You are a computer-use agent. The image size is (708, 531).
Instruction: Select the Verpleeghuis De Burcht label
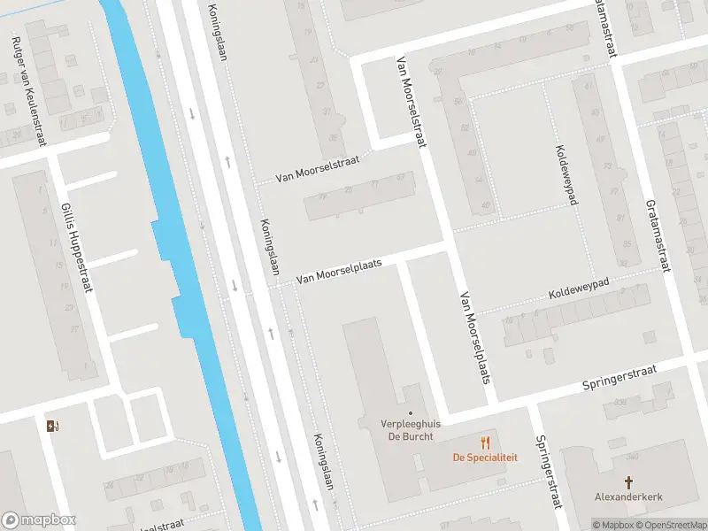coord(386,429)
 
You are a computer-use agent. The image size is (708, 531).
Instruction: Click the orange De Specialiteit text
coord(485,458)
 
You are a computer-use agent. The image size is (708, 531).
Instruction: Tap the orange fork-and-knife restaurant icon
coord(485,442)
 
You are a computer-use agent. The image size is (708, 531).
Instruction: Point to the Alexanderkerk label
coord(629,497)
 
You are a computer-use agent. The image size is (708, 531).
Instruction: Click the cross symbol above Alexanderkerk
coord(629,482)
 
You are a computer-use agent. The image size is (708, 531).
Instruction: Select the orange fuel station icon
coord(52,426)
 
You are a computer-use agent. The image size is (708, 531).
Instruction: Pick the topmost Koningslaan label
coord(218,31)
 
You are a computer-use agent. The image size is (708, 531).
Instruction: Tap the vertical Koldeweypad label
coord(566,174)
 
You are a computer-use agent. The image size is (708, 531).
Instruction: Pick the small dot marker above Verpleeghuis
coord(410,412)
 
